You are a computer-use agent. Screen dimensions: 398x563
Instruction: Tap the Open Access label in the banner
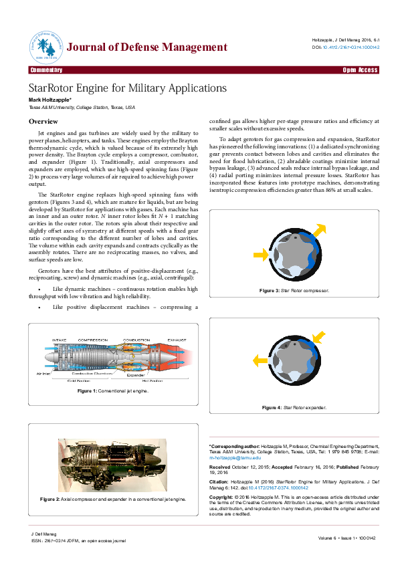tap(361, 70)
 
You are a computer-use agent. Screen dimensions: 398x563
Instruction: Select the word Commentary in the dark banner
tap(46, 70)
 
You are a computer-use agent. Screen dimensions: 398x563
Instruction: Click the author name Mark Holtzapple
tap(49, 100)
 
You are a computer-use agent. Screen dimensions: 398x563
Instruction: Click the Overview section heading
tap(43, 121)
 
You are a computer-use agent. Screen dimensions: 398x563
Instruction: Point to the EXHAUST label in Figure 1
tap(177, 340)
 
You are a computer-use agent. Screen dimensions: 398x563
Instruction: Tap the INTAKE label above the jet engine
tap(60, 340)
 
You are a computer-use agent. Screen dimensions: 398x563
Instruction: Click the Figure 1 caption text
tap(112, 390)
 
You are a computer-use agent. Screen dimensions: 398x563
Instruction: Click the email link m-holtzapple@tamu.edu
tap(235, 457)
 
